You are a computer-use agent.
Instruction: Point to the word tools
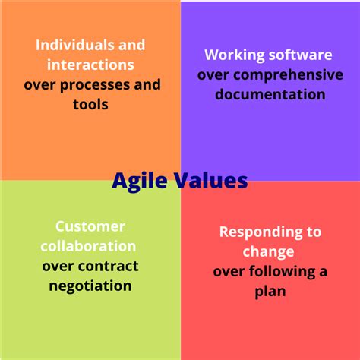pos(90,105)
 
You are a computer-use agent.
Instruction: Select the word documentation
pos(270,94)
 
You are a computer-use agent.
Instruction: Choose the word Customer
pos(90,226)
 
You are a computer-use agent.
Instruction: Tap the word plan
pos(270,292)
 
